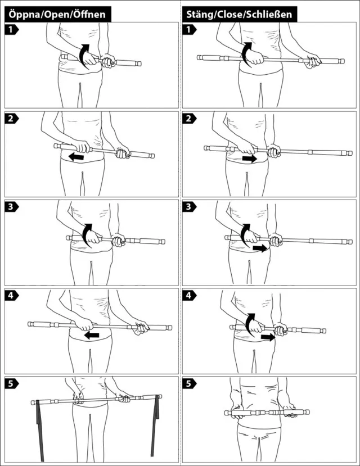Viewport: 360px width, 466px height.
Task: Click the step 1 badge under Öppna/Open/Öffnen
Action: point(11,30)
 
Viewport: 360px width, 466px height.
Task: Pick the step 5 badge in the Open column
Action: point(11,384)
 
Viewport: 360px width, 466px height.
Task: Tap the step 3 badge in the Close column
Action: point(189,206)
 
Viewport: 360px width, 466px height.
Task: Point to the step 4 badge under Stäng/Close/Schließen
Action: point(189,296)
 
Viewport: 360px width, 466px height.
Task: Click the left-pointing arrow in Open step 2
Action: point(76,157)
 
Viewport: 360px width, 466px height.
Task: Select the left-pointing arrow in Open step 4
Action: point(92,335)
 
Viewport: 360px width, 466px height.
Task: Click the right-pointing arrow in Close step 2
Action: point(249,159)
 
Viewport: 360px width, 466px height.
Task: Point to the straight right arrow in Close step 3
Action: point(260,248)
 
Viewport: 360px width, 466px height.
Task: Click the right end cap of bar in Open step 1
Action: point(138,64)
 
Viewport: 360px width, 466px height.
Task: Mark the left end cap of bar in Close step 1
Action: point(200,57)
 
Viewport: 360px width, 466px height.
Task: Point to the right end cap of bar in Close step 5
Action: point(307,412)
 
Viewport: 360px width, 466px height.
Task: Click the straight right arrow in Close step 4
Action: point(268,337)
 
